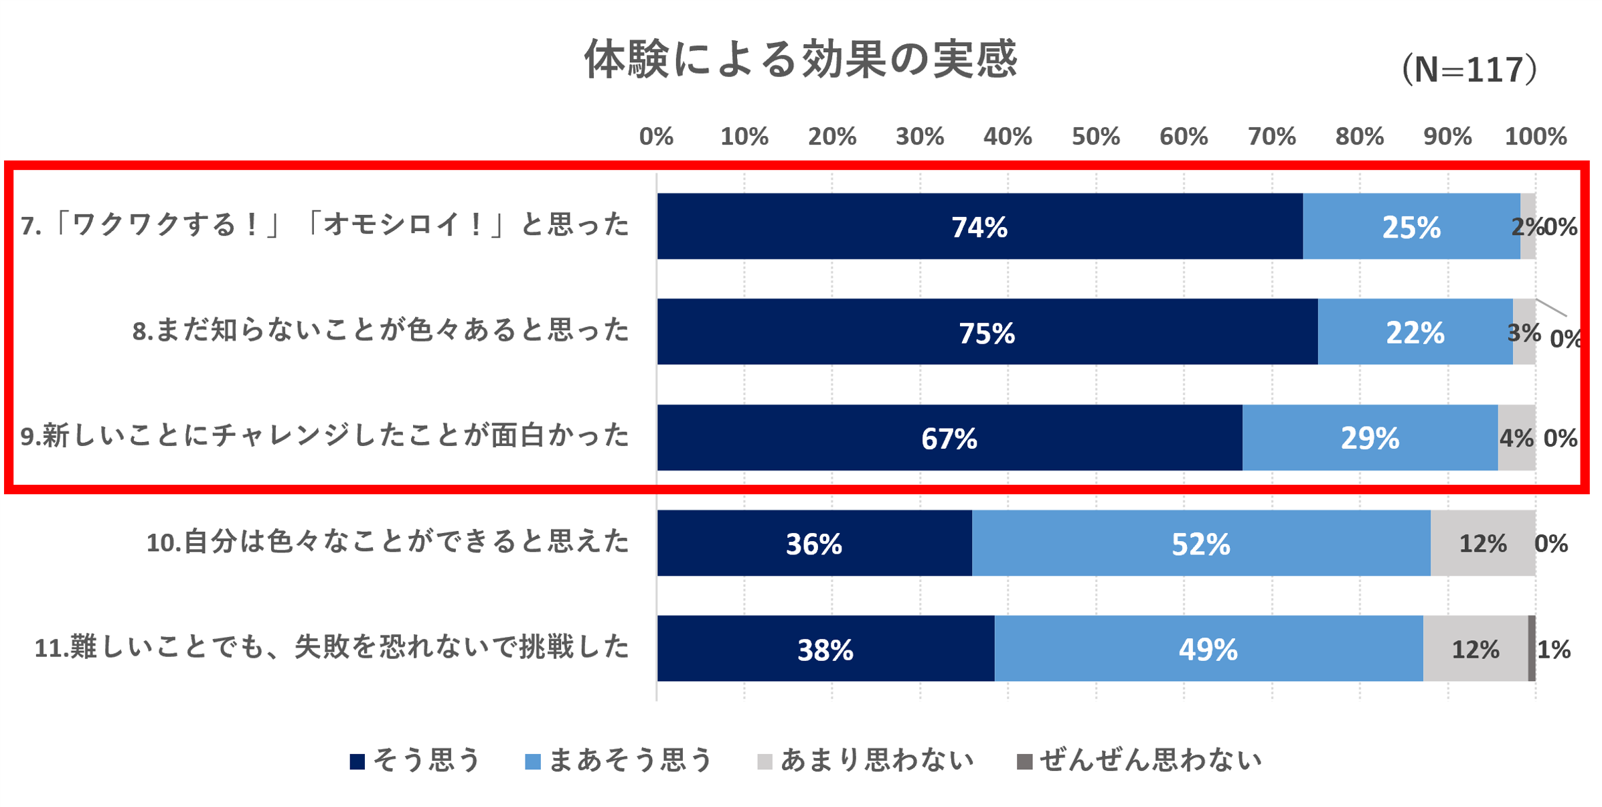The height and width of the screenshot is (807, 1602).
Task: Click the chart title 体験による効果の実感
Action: [x=801, y=59]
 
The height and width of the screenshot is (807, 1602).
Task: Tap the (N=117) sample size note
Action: [x=1469, y=70]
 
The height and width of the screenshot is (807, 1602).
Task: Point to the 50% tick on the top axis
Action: [x=1095, y=137]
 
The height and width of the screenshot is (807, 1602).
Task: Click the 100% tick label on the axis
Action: [x=1535, y=137]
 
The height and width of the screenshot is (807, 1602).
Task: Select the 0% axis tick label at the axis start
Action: [x=655, y=137]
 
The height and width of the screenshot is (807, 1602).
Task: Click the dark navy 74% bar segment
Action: [x=979, y=226]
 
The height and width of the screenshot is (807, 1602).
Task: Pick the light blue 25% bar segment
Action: [x=1411, y=226]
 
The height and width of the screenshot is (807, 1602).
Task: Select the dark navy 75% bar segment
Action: [x=987, y=332]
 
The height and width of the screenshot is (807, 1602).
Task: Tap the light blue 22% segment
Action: [x=1415, y=332]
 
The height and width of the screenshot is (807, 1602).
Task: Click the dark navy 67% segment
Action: [x=949, y=438]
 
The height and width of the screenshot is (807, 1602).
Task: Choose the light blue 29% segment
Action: [x=1370, y=438]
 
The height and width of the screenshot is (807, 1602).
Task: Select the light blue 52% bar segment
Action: [x=1201, y=543]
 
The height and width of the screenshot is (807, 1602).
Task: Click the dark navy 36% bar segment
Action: [x=814, y=543]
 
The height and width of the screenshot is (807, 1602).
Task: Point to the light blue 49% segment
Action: [x=1208, y=649]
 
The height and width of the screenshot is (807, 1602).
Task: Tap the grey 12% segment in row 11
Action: [x=1475, y=649]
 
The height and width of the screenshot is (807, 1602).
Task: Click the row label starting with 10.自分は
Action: [x=388, y=542]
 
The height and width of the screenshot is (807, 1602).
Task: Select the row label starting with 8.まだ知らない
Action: [x=380, y=331]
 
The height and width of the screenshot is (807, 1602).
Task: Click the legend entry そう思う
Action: [x=415, y=761]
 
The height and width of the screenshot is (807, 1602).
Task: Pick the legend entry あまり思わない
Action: [x=866, y=761]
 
